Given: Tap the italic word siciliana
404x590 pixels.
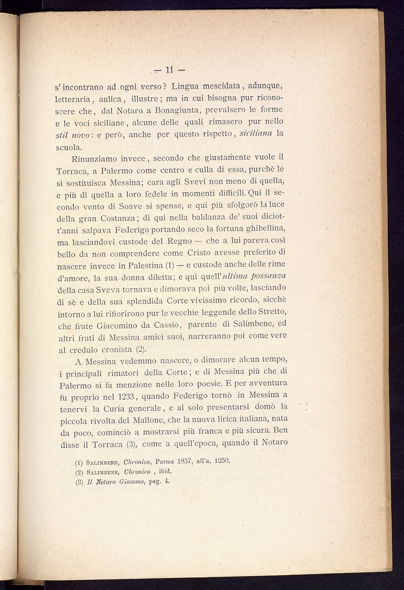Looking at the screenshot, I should pyautogui.click(x=256, y=133).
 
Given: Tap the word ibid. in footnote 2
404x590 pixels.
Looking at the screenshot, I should pyautogui.click(x=163, y=471).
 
